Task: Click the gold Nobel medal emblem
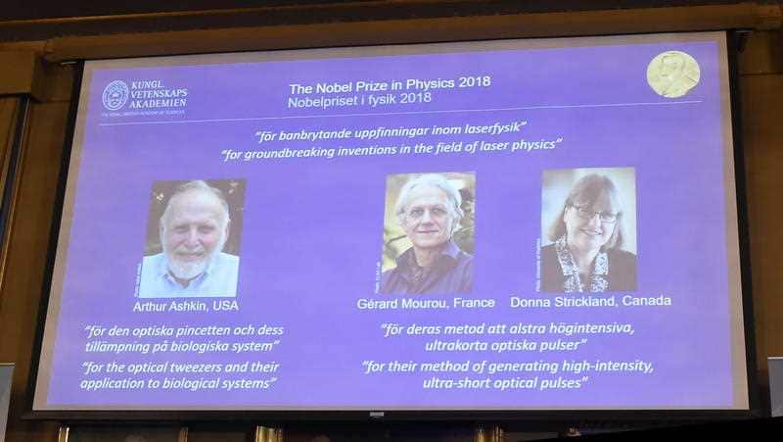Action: (x=672, y=74)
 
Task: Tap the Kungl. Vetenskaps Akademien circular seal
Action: (x=115, y=95)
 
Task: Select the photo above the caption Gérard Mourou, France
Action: (x=428, y=232)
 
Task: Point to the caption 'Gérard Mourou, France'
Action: (x=426, y=303)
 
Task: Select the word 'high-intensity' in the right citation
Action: (x=605, y=366)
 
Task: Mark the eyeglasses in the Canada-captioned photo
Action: (x=595, y=214)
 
